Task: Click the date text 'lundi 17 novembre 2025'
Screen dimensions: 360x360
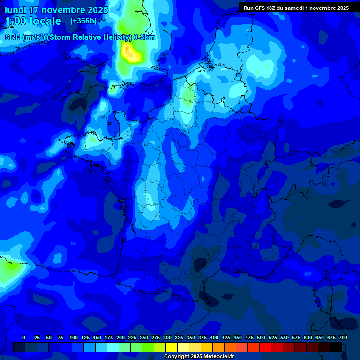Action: pyautogui.click(x=56, y=10)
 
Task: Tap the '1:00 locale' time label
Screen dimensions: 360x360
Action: pyautogui.click(x=34, y=21)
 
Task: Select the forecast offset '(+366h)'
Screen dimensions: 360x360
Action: pyautogui.click(x=83, y=21)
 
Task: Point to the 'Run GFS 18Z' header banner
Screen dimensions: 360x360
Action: pyautogui.click(x=296, y=8)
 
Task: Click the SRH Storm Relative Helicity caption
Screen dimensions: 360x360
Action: pyautogui.click(x=80, y=37)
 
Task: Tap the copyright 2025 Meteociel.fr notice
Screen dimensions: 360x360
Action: pyautogui.click(x=199, y=357)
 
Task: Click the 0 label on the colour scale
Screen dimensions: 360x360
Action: pyautogui.click(x=24, y=337)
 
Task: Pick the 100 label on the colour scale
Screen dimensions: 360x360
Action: pyautogui.click(x=74, y=337)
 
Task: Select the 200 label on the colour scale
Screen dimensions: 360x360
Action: pyautogui.click(x=120, y=337)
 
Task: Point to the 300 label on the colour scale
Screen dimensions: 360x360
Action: pyautogui.click(x=167, y=337)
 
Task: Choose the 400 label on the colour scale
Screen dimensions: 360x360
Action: pyautogui.click(x=214, y=337)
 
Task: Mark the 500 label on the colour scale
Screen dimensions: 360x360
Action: pyautogui.click(x=261, y=337)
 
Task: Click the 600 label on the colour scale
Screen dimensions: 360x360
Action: pyautogui.click(x=308, y=337)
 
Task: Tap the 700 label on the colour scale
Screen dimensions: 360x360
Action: pyautogui.click(x=343, y=337)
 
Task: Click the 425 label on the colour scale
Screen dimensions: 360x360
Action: pyautogui.click(x=226, y=337)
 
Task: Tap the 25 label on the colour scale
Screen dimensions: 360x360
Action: pyautogui.click(x=37, y=337)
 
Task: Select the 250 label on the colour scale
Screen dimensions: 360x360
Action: pyautogui.click(x=144, y=337)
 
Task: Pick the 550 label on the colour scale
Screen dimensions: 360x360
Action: pyautogui.click(x=285, y=337)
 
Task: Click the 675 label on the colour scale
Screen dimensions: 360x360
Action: pyautogui.click(x=331, y=337)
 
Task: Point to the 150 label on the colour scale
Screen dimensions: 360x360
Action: pyautogui.click(x=97, y=337)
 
